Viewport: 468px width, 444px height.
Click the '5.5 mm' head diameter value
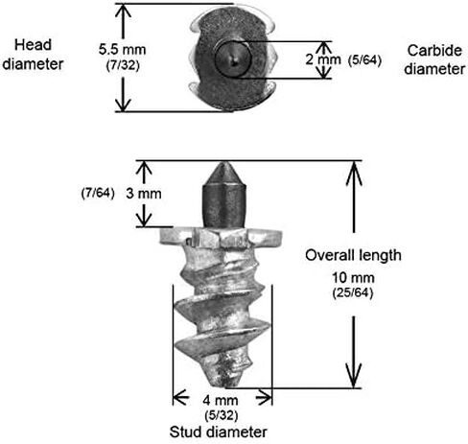click(x=122, y=50)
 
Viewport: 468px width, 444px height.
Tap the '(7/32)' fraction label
click(x=123, y=65)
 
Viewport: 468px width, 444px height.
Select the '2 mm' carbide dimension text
click(x=323, y=59)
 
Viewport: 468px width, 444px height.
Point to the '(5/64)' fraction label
click(x=364, y=60)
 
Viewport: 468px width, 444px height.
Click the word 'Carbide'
click(x=434, y=51)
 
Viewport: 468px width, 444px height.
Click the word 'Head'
click(x=33, y=45)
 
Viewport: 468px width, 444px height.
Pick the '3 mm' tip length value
click(x=144, y=194)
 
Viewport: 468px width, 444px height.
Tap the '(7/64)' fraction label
click(x=98, y=193)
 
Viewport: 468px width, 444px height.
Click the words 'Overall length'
click(x=353, y=255)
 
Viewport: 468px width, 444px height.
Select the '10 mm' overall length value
click(x=353, y=278)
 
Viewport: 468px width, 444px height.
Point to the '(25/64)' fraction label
click(x=353, y=292)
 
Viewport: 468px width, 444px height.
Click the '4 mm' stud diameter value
click(x=221, y=400)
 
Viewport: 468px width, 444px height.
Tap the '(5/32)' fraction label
click(x=222, y=415)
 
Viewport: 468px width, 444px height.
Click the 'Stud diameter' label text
click(x=219, y=432)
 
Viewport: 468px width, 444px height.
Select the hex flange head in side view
click(x=221, y=238)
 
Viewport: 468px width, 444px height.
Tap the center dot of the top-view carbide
click(x=235, y=60)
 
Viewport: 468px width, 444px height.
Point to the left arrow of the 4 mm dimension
click(x=180, y=397)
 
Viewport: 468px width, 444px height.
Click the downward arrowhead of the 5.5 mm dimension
click(x=123, y=103)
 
